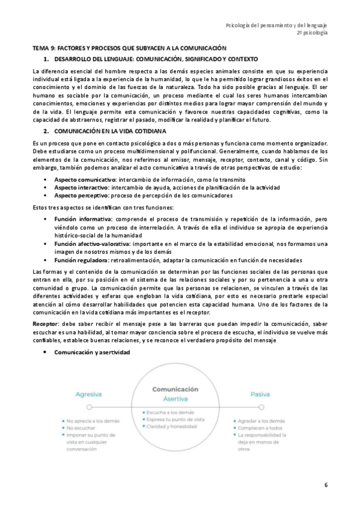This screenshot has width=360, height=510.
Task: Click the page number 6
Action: tap(326, 485)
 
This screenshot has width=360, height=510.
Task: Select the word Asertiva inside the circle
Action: tap(175, 399)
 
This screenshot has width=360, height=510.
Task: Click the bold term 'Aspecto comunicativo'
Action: tap(85, 180)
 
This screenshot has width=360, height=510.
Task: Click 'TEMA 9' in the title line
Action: tap(44, 47)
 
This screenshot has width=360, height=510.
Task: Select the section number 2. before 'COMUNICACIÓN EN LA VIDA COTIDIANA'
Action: tap(47, 131)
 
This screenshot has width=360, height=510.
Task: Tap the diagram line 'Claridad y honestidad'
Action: tap(172, 426)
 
